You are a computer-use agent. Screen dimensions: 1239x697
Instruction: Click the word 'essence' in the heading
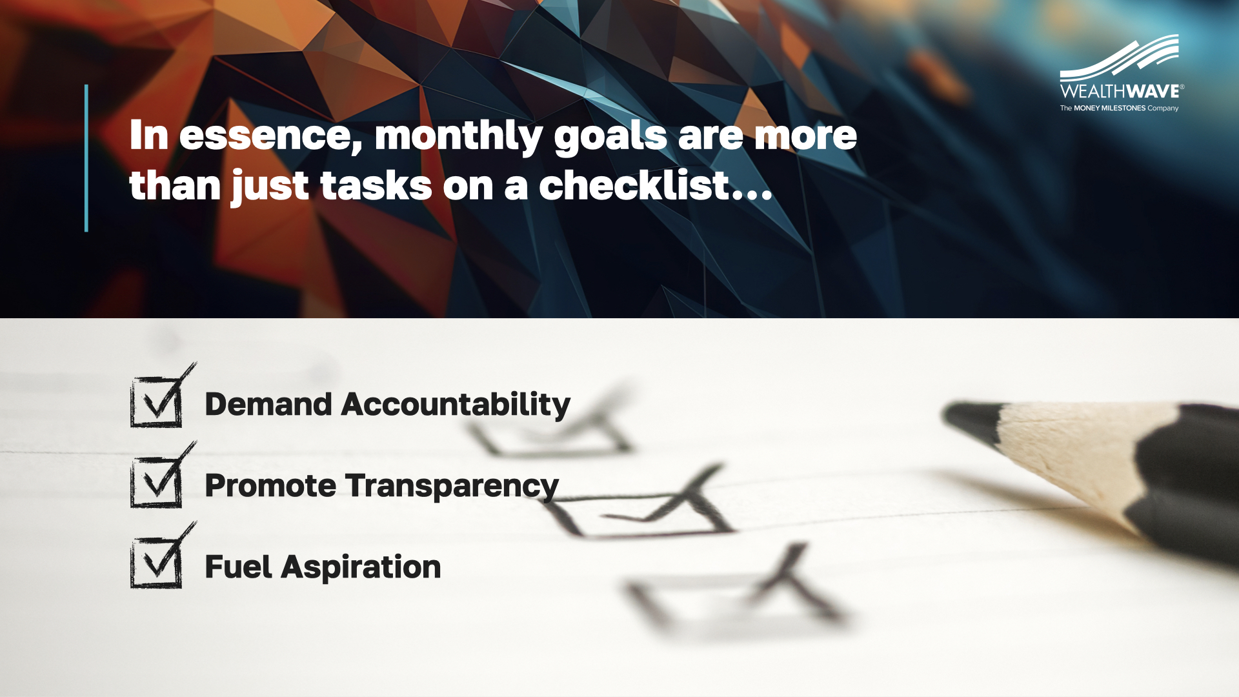click(270, 136)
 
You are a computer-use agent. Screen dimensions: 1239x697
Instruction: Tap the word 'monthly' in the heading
click(459, 137)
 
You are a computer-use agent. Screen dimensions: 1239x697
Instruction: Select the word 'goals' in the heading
click(610, 137)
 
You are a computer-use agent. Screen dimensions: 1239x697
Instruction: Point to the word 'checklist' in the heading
click(635, 186)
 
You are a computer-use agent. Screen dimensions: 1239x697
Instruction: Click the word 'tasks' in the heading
click(376, 187)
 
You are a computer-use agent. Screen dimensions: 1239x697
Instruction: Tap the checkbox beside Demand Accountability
click(163, 396)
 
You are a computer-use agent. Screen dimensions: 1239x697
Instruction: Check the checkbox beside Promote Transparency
click(163, 475)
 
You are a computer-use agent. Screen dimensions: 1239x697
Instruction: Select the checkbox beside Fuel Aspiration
click(163, 556)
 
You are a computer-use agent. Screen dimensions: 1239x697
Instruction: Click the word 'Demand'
click(268, 405)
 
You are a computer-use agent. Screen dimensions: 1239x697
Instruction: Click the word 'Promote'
click(270, 486)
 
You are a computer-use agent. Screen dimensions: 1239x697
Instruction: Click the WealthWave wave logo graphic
click(1120, 57)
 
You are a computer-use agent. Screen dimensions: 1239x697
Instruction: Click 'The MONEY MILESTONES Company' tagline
click(1119, 108)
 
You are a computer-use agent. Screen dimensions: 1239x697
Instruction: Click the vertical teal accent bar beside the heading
click(86, 158)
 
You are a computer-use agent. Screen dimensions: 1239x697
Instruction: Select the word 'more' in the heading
click(805, 137)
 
